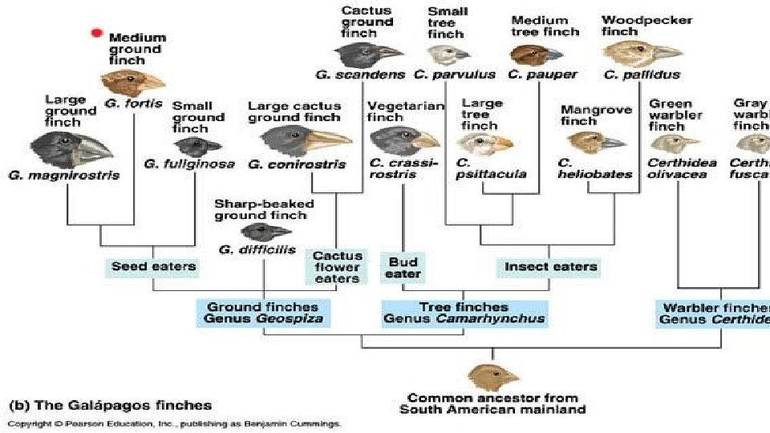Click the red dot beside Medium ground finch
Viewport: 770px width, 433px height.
(x=96, y=33)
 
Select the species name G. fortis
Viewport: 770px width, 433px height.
(x=133, y=103)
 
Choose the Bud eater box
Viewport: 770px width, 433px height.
(x=403, y=268)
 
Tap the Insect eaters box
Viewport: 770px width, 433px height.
(x=550, y=266)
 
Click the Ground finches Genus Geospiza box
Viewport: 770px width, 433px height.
(x=262, y=313)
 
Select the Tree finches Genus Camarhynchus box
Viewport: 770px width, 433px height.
(x=464, y=313)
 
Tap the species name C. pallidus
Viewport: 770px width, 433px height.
(x=642, y=75)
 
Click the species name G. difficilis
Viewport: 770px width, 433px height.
(x=251, y=249)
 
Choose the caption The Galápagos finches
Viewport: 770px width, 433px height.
(x=110, y=405)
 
